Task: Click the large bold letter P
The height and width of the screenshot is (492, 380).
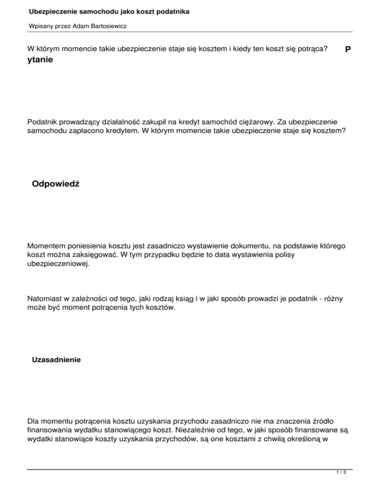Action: [348, 50]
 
